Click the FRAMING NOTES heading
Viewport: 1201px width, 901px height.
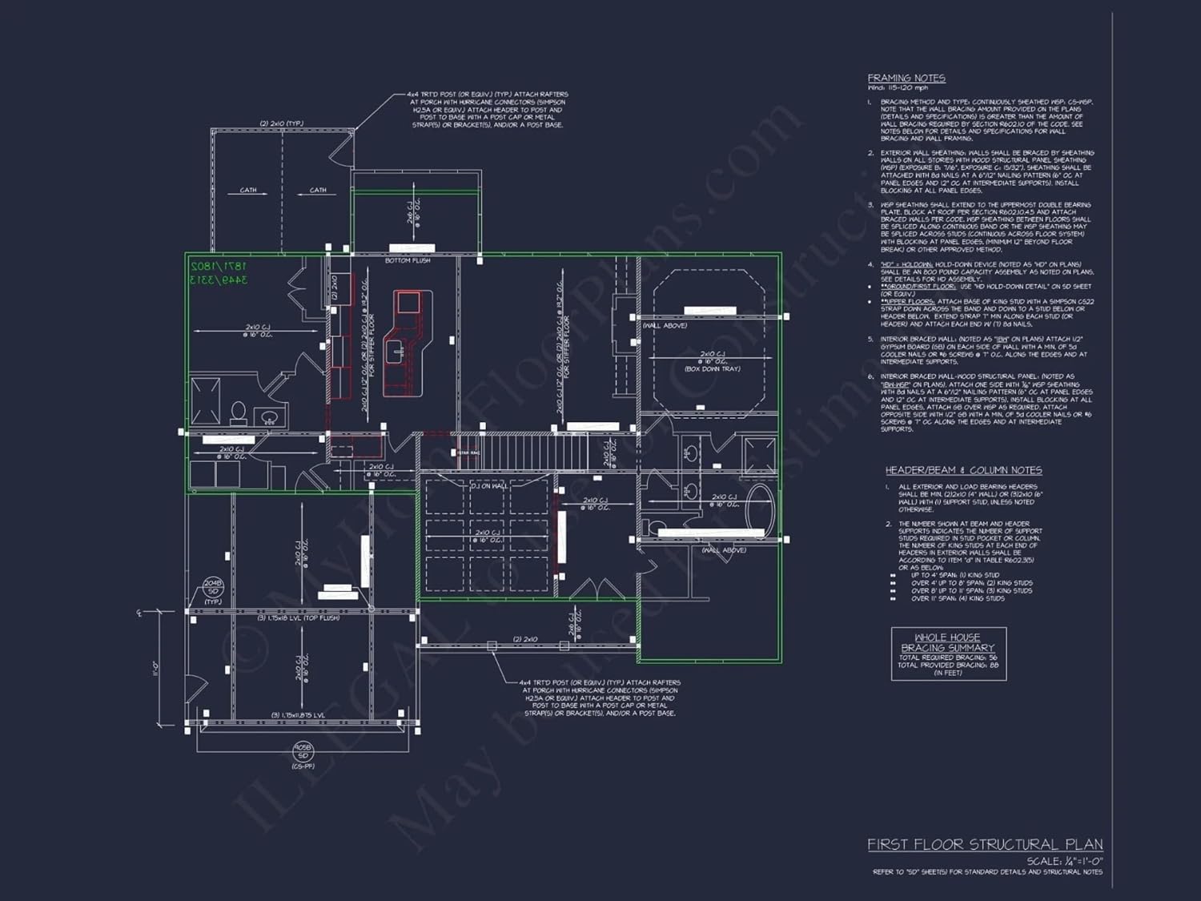point(906,78)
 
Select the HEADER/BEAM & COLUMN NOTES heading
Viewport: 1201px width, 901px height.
point(963,470)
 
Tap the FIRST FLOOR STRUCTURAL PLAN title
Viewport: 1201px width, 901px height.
point(985,844)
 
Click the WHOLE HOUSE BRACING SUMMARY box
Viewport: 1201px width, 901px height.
point(948,654)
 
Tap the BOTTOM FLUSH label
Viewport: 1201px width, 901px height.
point(408,260)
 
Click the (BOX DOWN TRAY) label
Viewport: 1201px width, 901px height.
point(712,369)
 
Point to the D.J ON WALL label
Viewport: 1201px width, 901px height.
point(488,486)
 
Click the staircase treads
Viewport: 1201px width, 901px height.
point(520,453)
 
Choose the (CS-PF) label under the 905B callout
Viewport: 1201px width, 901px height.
point(302,766)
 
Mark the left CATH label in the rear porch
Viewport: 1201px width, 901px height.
point(248,191)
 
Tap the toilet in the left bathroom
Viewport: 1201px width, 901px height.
point(239,412)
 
